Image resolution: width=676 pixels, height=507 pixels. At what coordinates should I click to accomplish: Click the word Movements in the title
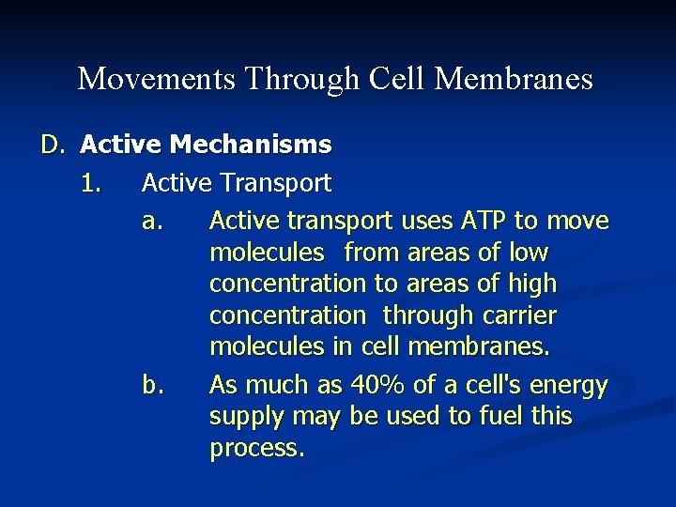[157, 79]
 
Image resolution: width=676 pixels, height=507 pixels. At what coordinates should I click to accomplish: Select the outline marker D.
[52, 146]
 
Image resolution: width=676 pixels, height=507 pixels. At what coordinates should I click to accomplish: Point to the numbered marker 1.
[90, 183]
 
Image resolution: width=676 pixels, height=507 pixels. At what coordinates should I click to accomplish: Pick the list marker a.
[153, 222]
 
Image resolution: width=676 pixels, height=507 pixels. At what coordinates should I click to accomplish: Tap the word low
[528, 253]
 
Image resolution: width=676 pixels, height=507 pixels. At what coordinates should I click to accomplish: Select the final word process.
[256, 448]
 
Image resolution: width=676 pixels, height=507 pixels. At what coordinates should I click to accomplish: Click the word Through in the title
[300, 79]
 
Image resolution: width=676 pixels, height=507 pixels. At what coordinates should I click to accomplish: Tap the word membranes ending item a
[479, 346]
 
